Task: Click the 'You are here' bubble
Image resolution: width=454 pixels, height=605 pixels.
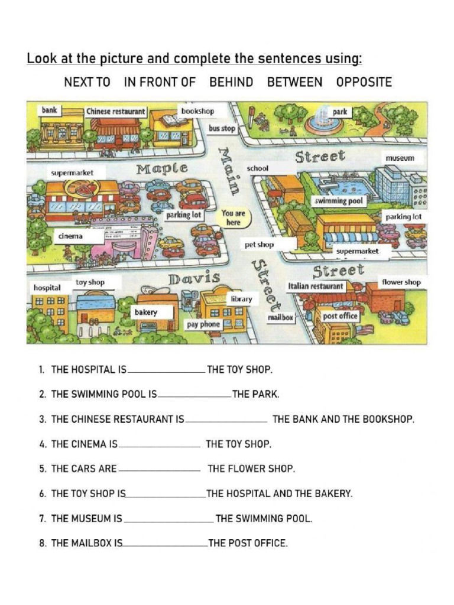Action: pos(234,217)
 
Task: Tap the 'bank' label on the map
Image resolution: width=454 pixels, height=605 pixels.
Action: pos(49,110)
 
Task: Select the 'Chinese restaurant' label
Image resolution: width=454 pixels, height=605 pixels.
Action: pos(116,111)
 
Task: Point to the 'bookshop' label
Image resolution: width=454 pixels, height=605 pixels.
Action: pos(198,111)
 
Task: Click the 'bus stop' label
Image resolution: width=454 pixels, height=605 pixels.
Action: pos(222,128)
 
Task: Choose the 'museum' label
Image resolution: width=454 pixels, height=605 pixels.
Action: pos(400,158)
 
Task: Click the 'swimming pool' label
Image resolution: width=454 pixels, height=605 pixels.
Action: pos(339,201)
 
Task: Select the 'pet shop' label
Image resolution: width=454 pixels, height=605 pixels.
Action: pos(260,244)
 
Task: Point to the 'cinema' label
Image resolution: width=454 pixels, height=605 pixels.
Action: pos(70,236)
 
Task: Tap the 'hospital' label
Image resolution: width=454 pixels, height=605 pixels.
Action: pos(47,288)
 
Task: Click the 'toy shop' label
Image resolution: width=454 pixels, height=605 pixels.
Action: pos(90,282)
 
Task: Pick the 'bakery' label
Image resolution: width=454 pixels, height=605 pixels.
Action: pos(146,311)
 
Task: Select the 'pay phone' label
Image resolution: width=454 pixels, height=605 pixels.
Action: pos(203,324)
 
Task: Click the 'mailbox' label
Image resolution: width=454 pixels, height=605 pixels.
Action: pos(280,317)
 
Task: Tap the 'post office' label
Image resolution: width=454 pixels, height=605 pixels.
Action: pos(340,316)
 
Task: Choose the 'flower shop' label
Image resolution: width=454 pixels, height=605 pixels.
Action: pos(401,282)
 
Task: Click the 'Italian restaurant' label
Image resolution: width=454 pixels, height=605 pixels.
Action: pos(316,286)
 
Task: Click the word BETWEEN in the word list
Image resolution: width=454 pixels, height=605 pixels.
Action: pos(294,82)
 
